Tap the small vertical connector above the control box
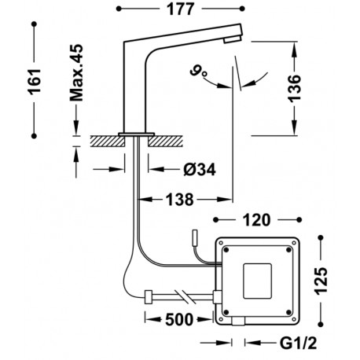(196, 238)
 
